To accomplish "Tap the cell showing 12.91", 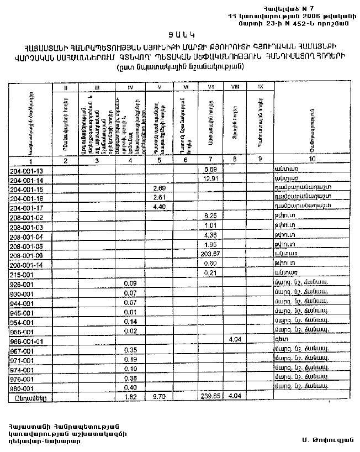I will pos(210,179).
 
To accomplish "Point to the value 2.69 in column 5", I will pos(159,188).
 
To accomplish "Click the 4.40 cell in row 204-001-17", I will pos(159,208).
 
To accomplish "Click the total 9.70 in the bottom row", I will pos(159,396).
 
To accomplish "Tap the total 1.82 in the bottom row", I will pos(130,396).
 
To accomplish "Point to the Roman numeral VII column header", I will pos(211,87).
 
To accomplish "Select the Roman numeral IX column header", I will pos(260,87).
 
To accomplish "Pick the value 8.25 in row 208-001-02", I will pos(210,217).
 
